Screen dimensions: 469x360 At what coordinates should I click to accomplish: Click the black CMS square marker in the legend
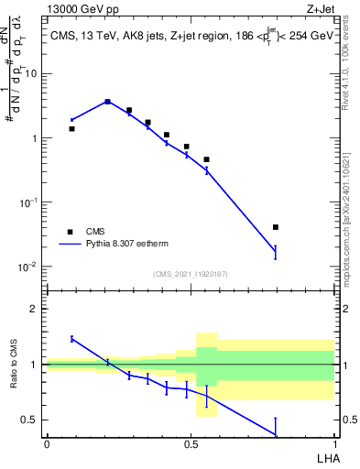(x=70, y=232)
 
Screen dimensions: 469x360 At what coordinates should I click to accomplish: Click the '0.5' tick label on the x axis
(x=191, y=443)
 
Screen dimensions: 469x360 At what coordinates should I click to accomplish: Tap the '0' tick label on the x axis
(x=46, y=443)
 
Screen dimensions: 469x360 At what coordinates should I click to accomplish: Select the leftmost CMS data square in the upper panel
(x=71, y=129)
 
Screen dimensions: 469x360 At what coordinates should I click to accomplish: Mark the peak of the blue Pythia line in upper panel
(x=107, y=102)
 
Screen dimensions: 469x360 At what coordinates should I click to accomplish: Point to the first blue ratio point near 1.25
(x=71, y=339)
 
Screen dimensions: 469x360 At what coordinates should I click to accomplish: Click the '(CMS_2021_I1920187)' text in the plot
(x=191, y=274)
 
